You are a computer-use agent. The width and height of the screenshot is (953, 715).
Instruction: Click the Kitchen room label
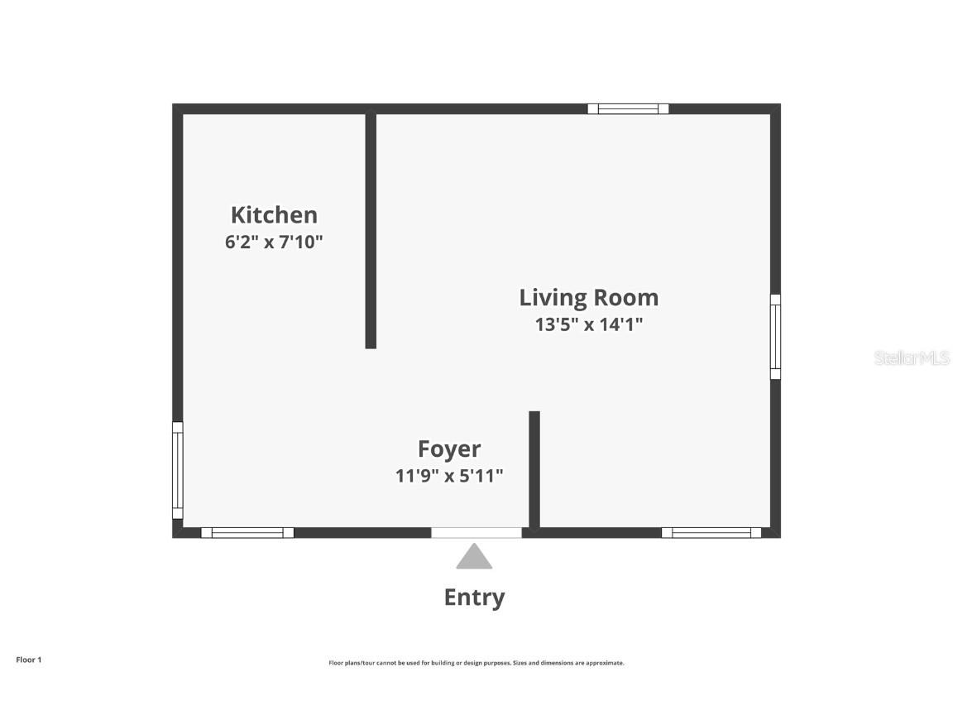[274, 215]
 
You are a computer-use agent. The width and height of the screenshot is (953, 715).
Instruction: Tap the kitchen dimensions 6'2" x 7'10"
[274, 243]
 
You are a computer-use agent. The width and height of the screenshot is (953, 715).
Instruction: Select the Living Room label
[588, 298]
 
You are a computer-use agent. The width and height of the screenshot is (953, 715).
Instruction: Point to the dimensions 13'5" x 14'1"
[588, 324]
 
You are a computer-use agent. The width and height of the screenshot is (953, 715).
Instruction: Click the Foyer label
[449, 449]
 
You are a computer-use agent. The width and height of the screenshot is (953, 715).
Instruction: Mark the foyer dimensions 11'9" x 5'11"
[449, 476]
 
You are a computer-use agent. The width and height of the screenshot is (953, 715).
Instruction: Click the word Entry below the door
[474, 597]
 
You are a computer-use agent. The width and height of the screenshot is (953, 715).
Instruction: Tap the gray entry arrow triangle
[474, 557]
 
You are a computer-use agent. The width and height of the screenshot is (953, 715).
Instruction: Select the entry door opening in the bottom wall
[476, 533]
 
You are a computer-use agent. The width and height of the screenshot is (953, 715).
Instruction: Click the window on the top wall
[628, 108]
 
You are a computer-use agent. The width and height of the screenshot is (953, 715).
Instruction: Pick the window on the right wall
[775, 337]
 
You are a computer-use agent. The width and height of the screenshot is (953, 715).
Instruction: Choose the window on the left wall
[177, 470]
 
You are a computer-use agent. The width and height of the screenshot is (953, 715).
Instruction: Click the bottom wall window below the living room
[711, 533]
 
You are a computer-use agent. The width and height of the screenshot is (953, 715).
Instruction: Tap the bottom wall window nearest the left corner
[247, 533]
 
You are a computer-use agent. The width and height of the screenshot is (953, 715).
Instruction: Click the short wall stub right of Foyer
[534, 468]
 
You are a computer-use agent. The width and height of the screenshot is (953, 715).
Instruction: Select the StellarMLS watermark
[912, 358]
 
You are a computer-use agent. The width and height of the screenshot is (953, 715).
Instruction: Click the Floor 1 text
[28, 660]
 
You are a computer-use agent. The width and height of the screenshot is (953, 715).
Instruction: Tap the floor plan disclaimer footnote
[476, 663]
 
